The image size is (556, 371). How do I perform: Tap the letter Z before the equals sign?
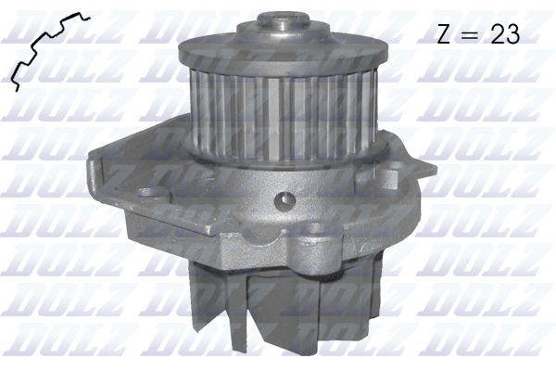444,34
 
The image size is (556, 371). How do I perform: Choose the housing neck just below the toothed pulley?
278,167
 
